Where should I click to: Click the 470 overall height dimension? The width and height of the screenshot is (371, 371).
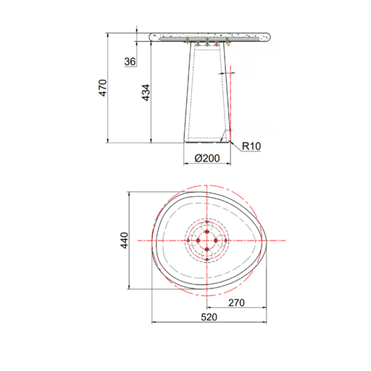[x=103, y=88]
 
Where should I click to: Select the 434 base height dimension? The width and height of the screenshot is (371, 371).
[x=146, y=93]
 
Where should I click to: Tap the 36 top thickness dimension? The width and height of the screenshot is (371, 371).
[x=130, y=62]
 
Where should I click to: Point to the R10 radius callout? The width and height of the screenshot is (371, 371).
[x=251, y=146]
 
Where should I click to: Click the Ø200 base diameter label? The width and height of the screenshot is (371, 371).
[x=207, y=159]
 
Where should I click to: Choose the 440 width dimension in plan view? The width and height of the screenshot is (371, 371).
[x=125, y=241]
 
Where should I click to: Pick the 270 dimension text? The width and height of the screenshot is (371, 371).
[x=236, y=303]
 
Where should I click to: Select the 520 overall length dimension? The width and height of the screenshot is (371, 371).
[x=209, y=317]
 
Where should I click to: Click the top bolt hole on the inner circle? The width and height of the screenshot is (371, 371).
[x=207, y=232]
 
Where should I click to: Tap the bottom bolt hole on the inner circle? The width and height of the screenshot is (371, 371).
[x=207, y=249]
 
